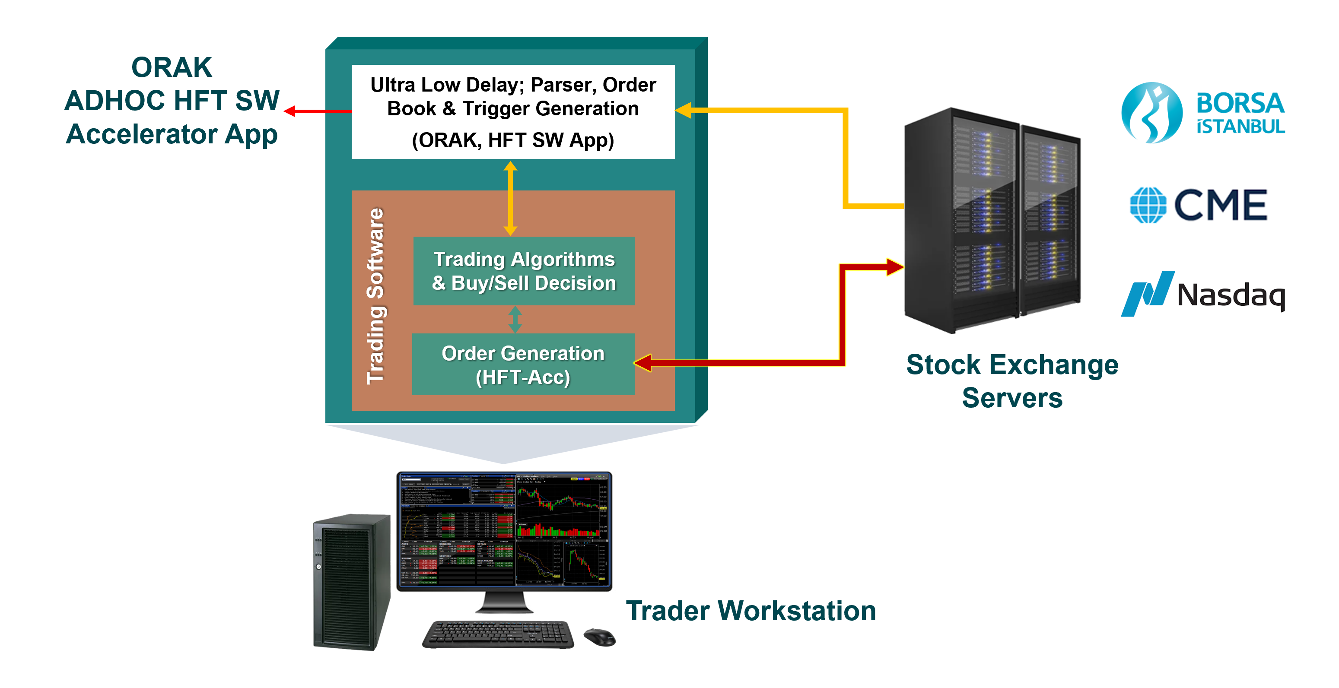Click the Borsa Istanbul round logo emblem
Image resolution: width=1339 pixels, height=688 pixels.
(x=1151, y=112)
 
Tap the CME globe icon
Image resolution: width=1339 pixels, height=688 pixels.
(x=1148, y=205)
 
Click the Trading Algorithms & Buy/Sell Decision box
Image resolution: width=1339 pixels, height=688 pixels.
(x=523, y=271)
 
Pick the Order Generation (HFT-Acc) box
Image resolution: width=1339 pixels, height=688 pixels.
(x=523, y=365)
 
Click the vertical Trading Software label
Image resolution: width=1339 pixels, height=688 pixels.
(x=375, y=296)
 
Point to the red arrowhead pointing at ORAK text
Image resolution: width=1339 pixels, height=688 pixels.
(x=290, y=111)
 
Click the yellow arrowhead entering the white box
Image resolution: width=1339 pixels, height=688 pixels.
(x=683, y=110)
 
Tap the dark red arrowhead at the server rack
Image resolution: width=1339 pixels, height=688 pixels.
(x=895, y=267)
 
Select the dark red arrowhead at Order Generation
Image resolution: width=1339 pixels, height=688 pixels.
(x=642, y=363)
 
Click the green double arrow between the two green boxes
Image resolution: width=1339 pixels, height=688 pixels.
(x=515, y=319)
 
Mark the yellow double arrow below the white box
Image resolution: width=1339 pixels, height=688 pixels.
(x=510, y=198)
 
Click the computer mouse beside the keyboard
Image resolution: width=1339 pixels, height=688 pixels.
(x=599, y=637)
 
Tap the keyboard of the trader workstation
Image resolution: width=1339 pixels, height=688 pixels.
(x=498, y=634)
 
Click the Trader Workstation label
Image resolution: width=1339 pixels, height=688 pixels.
(x=751, y=611)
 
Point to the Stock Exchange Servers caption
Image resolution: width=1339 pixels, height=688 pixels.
(x=1011, y=381)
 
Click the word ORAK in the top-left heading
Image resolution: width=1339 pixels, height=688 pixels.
(x=172, y=67)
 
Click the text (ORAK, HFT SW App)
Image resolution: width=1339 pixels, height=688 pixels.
(x=512, y=140)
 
